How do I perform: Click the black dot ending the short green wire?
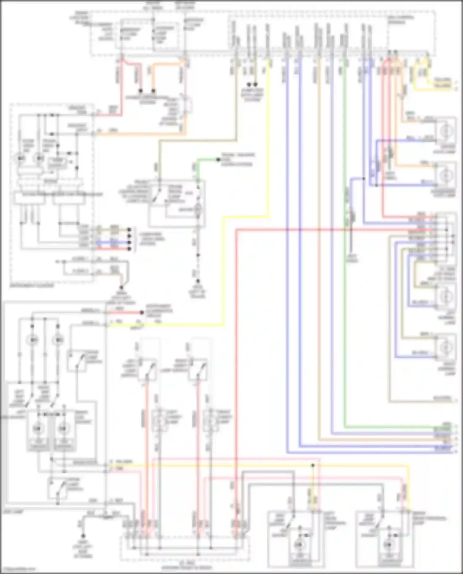[218, 160]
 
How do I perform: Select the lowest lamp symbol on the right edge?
[446, 348]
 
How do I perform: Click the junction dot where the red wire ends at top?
[141, 91]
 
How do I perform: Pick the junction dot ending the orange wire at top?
[153, 91]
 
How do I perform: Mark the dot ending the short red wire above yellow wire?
[142, 312]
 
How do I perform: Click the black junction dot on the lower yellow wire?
[313, 465]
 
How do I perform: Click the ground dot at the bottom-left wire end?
[83, 536]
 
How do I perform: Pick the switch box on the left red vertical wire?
[147, 369]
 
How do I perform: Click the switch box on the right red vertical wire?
[198, 369]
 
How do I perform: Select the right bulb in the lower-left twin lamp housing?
[63, 428]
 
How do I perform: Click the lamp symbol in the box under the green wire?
[198, 210]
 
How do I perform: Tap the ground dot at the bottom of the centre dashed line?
[198, 281]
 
